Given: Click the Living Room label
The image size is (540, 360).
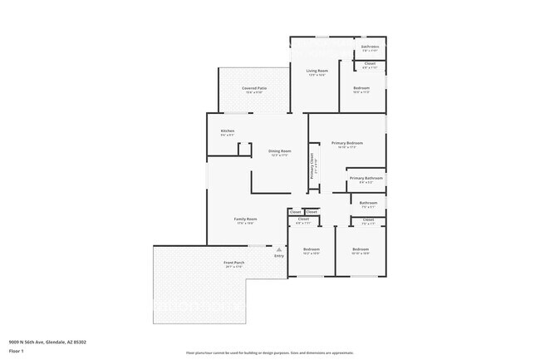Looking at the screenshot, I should tap(317, 72).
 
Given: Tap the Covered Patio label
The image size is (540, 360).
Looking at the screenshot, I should tap(254, 87).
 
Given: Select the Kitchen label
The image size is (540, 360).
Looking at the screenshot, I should tap(227, 131).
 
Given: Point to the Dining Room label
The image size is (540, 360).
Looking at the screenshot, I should tap(279, 150).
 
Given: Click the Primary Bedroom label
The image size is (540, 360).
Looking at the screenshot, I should tap(343, 142).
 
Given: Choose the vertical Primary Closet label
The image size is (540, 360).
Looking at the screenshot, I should tap(312, 166).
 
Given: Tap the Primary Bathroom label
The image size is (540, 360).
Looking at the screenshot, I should tap(366, 178).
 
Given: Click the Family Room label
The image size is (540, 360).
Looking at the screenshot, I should tap(245, 219).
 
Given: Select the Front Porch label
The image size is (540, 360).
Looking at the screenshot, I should tap(233, 263).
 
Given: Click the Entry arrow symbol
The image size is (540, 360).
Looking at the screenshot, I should tap(279, 249).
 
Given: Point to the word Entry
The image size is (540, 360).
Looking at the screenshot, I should tap(279, 255).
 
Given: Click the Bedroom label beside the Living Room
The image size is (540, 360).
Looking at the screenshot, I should tap(361, 87).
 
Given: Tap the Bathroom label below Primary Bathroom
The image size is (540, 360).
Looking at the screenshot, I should tap(368, 203).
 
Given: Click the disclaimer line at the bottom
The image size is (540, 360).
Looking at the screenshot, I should tap(269, 353).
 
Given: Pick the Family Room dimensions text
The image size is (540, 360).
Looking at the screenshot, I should tap(245, 223).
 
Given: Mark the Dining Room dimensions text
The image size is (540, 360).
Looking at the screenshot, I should tap(279, 155).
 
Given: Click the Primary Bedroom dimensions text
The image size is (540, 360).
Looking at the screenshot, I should tap(343, 147).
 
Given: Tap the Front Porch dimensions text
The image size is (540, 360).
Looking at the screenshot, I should tap(233, 267).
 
